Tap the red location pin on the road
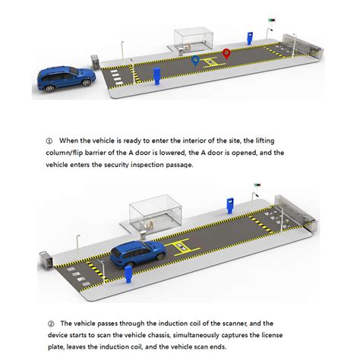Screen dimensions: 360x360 (226, 52)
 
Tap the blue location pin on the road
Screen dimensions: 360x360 (195, 59)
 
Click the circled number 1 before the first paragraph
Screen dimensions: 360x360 (49, 141)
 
